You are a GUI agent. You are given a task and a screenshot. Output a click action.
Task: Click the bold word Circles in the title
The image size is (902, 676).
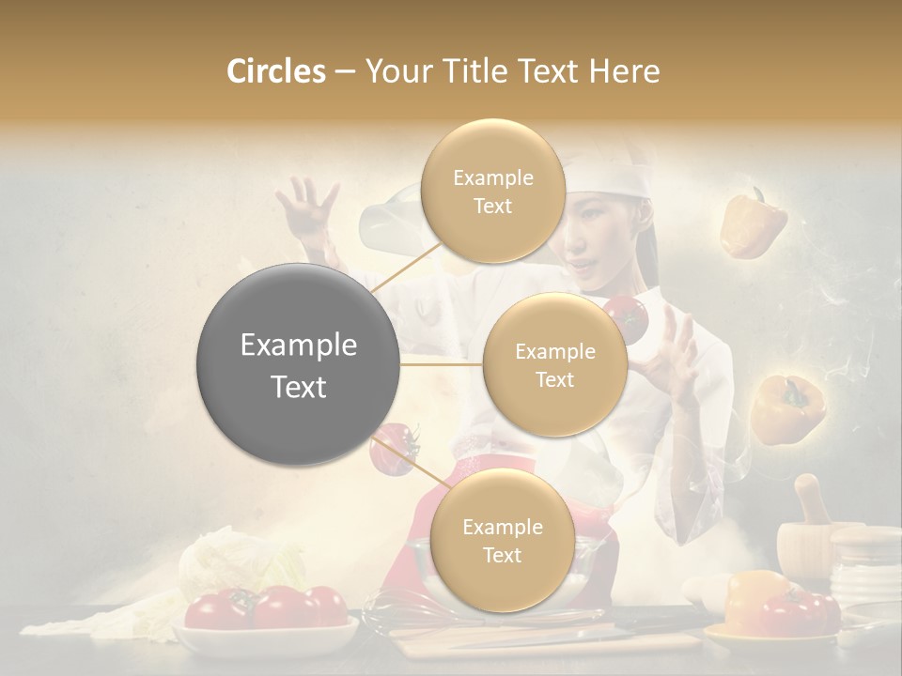[x=276, y=71]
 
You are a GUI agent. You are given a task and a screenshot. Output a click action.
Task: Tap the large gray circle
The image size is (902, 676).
[x=298, y=364]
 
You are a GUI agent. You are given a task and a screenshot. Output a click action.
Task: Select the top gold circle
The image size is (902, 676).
[x=492, y=191]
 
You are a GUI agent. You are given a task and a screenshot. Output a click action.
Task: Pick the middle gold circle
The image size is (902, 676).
[x=554, y=364]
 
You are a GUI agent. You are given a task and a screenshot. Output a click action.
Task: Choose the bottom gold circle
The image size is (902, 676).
[x=502, y=540]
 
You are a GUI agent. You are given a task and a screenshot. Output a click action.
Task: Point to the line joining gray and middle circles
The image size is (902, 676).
[x=441, y=364]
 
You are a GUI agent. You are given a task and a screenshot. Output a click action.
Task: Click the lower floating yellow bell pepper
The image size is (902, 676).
[x=785, y=408]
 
